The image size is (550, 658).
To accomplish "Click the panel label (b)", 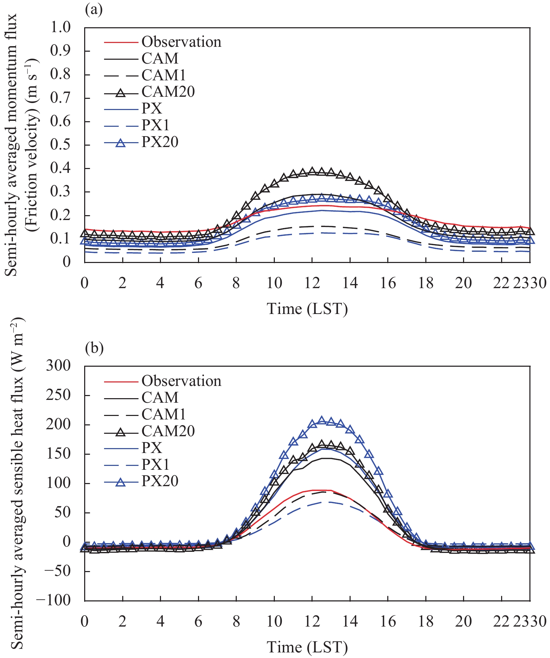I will [x=94, y=348].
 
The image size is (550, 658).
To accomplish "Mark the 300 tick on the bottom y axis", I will [x=58, y=366].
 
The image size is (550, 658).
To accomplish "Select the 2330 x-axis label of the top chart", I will [x=529, y=283].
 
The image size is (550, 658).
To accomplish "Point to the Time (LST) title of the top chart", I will [x=307, y=309].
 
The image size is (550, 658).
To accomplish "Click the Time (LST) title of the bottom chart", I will [x=307, y=647].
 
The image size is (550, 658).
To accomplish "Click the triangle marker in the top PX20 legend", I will [x=121, y=142].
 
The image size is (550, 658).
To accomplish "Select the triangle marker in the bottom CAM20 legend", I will [x=121, y=432].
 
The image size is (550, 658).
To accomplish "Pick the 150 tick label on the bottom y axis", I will [x=58, y=454].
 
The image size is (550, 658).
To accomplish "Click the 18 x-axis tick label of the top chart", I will [x=426, y=283].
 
